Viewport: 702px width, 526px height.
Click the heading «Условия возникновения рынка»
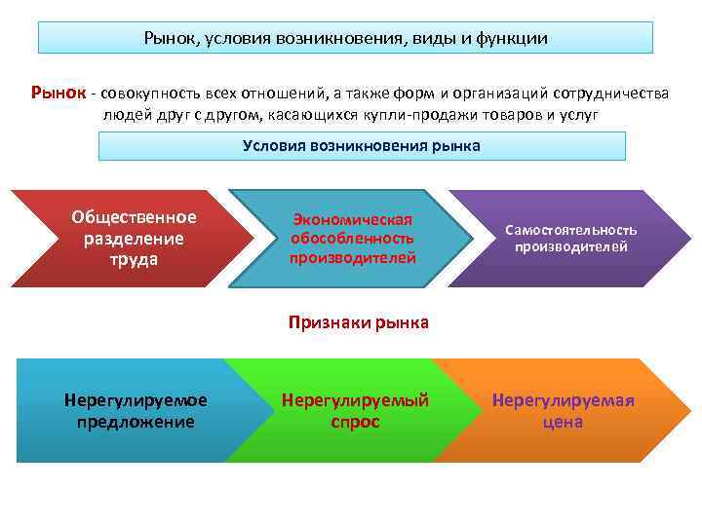pyautogui.click(x=362, y=146)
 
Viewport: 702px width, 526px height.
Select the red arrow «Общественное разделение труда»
pyautogui.click(x=134, y=238)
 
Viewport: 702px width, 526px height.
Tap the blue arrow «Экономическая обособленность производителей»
pyautogui.click(x=353, y=239)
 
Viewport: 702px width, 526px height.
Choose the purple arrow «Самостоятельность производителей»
pyautogui.click(x=570, y=238)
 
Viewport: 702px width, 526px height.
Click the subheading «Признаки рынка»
pyautogui.click(x=358, y=322)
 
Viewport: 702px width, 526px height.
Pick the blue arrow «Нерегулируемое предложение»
pyautogui.click(x=135, y=410)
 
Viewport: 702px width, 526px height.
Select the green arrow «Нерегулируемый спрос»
pyautogui.click(x=355, y=410)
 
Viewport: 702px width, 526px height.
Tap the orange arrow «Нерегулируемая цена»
pyautogui.click(x=563, y=410)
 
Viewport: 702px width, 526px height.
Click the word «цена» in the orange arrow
pyautogui.click(x=563, y=422)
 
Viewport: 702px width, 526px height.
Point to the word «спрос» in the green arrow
pyautogui.click(x=355, y=422)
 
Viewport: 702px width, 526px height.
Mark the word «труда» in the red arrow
pyautogui.click(x=134, y=260)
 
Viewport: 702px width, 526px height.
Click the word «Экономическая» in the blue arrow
pyautogui.click(x=353, y=220)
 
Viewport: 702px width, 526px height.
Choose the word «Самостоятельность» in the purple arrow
pyautogui.click(x=570, y=230)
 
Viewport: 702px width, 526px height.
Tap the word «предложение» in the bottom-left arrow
pyautogui.click(x=135, y=422)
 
